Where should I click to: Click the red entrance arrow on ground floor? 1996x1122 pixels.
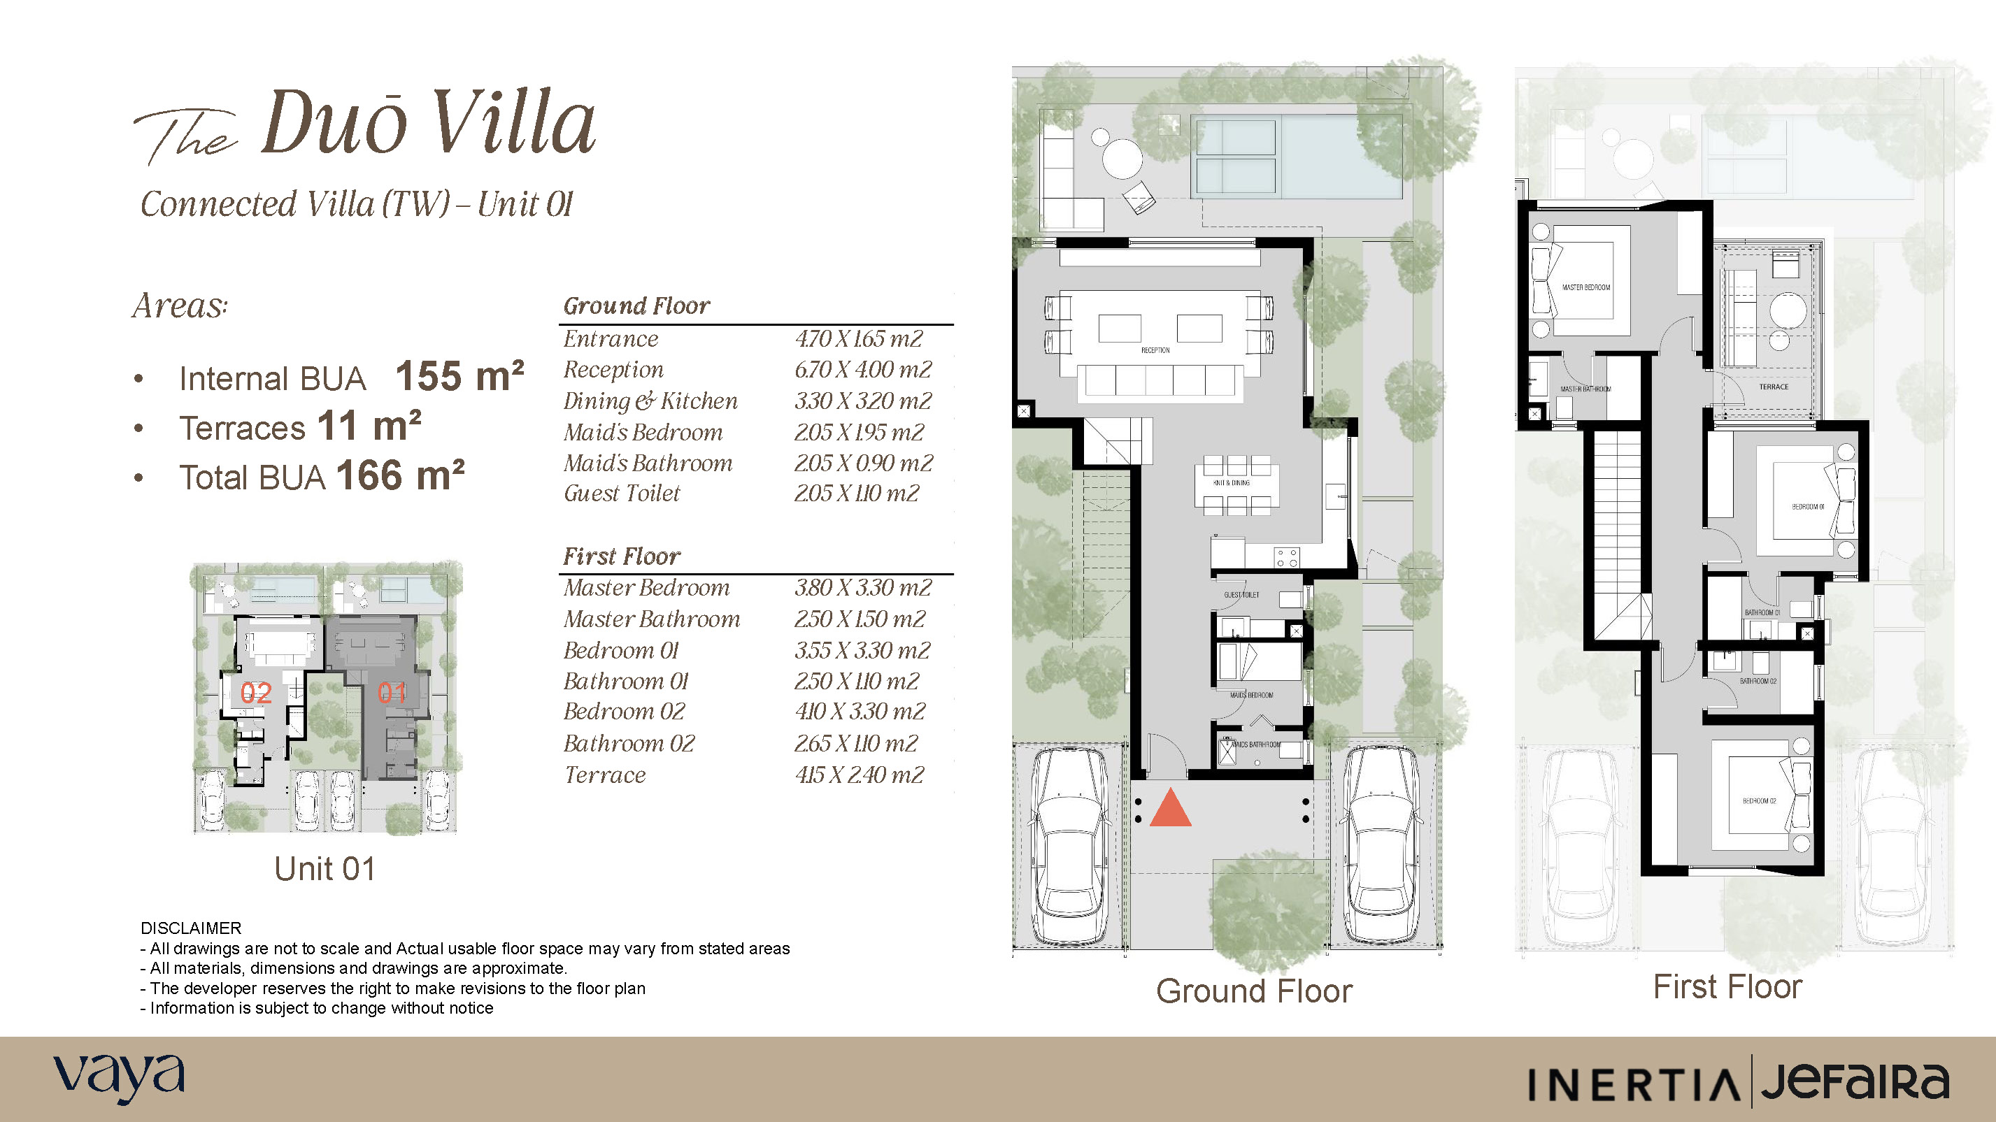coord(1170,810)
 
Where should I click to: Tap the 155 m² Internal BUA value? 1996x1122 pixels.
coord(459,376)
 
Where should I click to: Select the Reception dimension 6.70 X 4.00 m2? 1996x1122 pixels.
coord(862,369)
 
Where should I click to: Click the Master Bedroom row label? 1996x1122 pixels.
coord(646,588)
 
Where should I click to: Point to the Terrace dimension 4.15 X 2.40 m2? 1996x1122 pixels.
coord(860,775)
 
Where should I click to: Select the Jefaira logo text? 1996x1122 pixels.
coord(1854,1081)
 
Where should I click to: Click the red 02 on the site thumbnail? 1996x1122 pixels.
coord(256,692)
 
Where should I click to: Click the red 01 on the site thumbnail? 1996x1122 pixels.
coord(392,692)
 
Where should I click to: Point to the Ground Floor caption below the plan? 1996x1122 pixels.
coord(1254,991)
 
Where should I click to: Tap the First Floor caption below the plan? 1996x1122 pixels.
coord(1728,986)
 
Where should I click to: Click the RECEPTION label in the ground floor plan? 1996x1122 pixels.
coord(1155,350)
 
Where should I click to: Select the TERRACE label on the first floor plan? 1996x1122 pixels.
coord(1774,387)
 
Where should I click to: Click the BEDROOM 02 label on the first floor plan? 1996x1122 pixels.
coord(1760,800)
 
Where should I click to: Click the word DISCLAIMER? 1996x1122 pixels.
coord(191,928)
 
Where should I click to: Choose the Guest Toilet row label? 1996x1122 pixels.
coord(622,494)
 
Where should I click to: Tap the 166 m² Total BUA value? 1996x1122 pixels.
coord(400,475)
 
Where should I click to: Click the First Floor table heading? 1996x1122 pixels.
coord(622,556)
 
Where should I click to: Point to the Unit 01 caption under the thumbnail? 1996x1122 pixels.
coord(325,869)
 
